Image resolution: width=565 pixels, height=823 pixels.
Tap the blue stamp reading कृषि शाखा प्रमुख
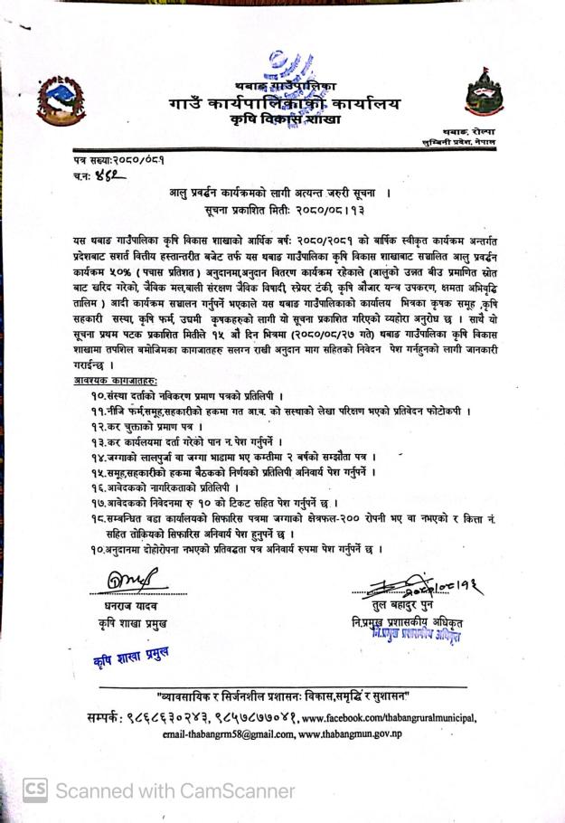(131, 657)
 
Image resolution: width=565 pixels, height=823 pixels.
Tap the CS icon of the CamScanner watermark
(34, 790)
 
